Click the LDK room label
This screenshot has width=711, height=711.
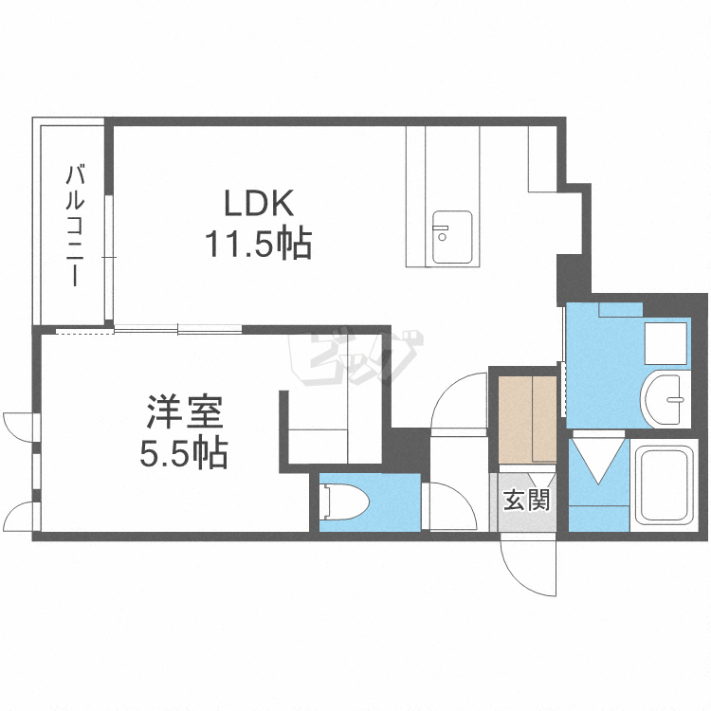tap(260, 204)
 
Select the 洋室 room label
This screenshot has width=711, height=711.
tap(184, 413)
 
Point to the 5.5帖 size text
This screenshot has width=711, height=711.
tap(184, 455)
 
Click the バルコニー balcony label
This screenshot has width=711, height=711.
tap(75, 226)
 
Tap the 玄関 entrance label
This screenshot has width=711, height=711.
tap(525, 500)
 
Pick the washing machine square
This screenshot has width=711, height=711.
tap(665, 344)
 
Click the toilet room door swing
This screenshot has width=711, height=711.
tap(448, 507)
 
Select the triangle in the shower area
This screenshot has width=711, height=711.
tap(598, 459)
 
